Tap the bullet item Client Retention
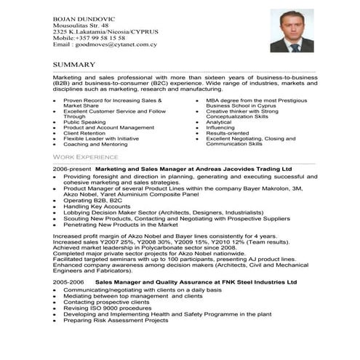click(x=84, y=133)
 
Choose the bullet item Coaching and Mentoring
click(x=95, y=144)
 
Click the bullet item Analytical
click(x=219, y=122)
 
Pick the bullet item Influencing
click(x=220, y=128)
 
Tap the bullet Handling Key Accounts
click(x=96, y=207)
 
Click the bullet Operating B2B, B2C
click(x=94, y=200)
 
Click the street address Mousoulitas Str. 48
click(x=81, y=25)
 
